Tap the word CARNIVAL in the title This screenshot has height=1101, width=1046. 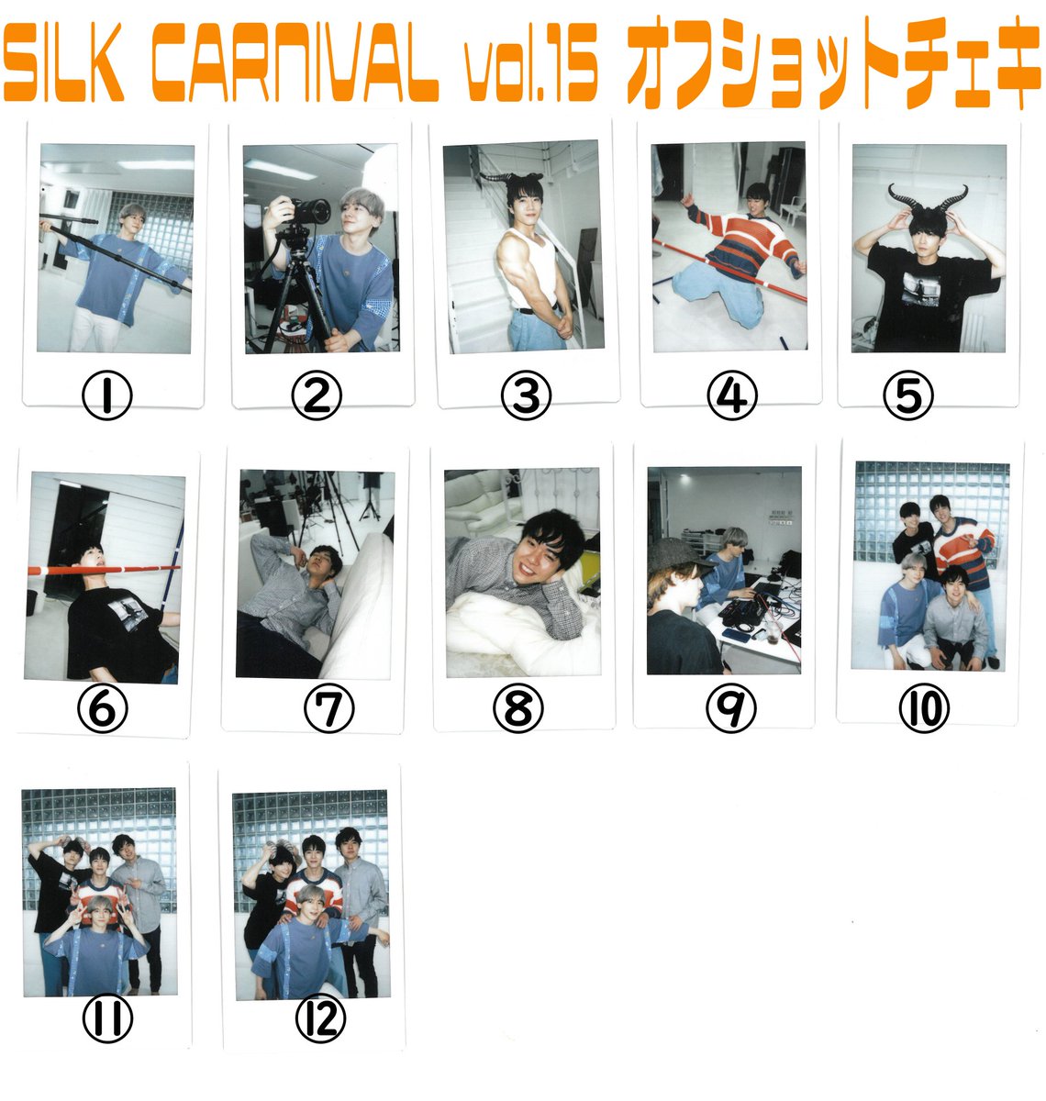point(295,62)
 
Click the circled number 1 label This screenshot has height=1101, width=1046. point(107,396)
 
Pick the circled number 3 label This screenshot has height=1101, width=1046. point(526,396)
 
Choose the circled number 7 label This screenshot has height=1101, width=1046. point(328,708)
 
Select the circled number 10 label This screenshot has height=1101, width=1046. point(924,708)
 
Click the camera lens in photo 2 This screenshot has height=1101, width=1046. point(316,211)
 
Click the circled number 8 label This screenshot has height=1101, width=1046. point(517,708)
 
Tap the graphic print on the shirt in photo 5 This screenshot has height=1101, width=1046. point(920,288)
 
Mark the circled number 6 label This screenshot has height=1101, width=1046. point(102,708)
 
